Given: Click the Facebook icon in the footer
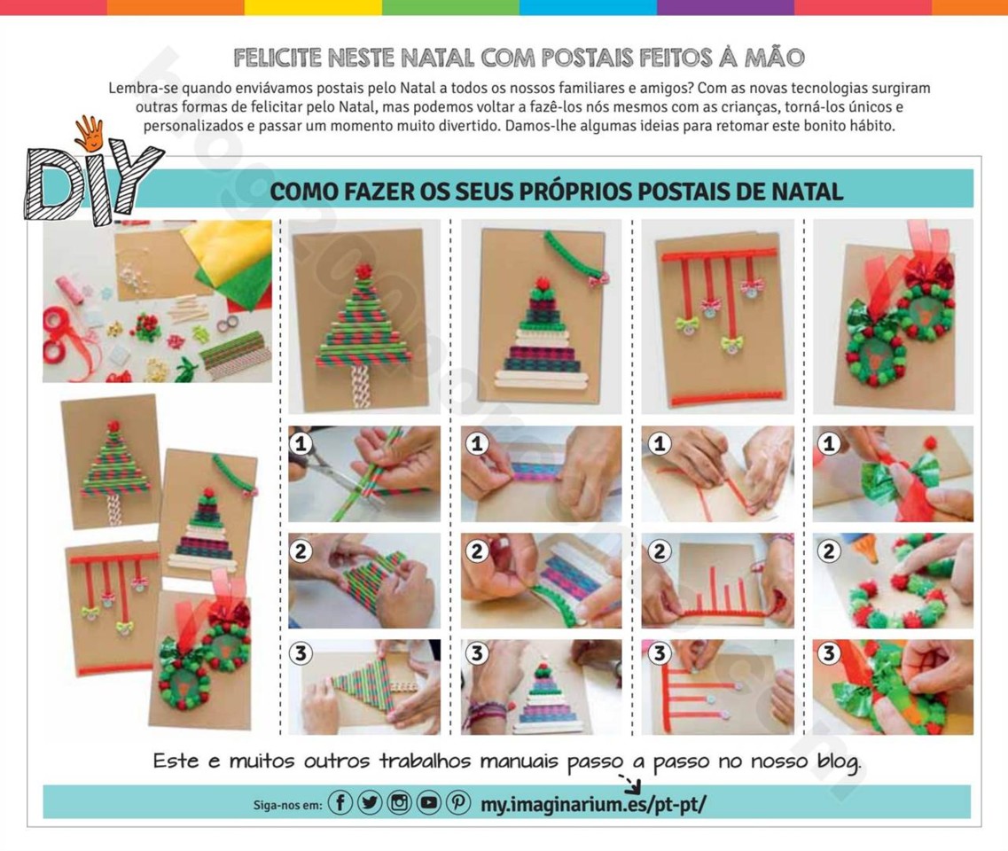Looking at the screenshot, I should [340, 803].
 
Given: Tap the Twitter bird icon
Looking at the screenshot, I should [370, 803].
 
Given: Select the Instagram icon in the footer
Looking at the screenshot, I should [399, 803].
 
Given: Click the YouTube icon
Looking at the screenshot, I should [428, 803].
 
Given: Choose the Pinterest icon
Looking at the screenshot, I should [457, 803].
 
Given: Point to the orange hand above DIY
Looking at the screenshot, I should [89, 133].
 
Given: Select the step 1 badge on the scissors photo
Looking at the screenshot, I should [301, 443].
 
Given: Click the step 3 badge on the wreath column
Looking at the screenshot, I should [829, 654].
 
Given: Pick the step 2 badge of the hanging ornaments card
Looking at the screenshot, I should [660, 550].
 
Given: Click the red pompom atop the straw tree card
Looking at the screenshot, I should [364, 270].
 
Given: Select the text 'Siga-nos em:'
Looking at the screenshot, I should [287, 805].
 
